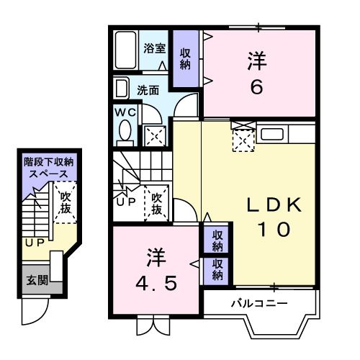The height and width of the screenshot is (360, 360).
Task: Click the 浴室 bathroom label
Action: click(154, 49)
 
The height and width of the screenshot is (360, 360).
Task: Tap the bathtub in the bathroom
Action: click(127, 50)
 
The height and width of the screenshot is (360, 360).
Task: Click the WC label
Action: click(123, 113)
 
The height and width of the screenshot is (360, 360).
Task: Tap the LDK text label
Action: click(274, 205)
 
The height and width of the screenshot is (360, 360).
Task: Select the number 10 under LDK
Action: click(274, 230)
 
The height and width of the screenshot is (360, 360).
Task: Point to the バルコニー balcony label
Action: click(258, 303)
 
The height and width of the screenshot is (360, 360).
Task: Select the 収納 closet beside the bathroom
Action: click(186, 58)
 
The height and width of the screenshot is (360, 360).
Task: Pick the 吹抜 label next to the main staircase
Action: click(156, 202)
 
